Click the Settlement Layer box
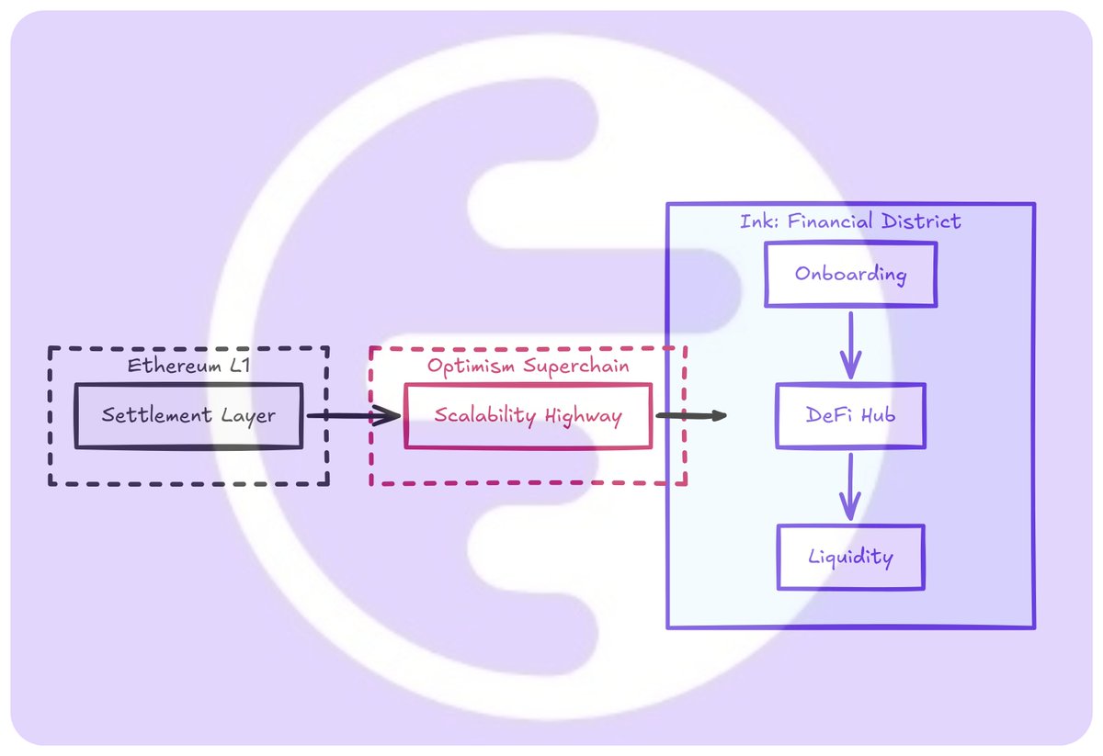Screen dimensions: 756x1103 pos(188,416)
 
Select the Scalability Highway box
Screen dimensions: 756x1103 pos(528,416)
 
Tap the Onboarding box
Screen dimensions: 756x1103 pos(850,275)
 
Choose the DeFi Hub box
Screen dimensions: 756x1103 pos(850,416)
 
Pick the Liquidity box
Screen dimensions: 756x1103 pos(850,557)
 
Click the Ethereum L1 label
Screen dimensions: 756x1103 pos(188,365)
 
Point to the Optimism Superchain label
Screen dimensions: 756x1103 pos(528,366)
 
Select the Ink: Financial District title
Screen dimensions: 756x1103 pos(850,221)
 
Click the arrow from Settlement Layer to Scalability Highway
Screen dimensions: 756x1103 pos(353,416)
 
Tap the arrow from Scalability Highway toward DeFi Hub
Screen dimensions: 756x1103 pos(689,416)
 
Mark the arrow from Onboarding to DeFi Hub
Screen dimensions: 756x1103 pos(850,344)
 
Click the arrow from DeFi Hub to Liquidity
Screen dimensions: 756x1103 pos(850,486)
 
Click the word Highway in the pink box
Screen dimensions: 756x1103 pos(582,416)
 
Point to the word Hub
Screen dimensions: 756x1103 pos(877,416)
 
